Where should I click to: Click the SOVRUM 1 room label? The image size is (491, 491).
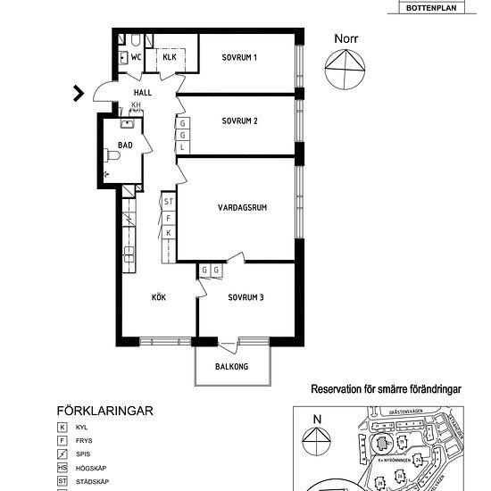tap(239, 58)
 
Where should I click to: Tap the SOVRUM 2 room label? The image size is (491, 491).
tap(239, 120)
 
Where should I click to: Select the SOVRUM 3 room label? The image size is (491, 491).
tap(245, 297)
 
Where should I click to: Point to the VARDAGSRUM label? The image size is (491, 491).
tap(242, 207)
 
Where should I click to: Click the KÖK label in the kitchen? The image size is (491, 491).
tap(159, 297)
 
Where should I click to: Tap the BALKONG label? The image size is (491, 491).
tap(231, 367)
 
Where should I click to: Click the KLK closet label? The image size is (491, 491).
tap(170, 58)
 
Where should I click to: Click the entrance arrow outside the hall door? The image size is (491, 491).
tap(79, 91)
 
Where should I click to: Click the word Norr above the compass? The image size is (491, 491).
tap(345, 38)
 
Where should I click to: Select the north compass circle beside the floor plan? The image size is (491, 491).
tap(345, 70)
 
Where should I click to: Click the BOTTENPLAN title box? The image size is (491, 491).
tap(437, 8)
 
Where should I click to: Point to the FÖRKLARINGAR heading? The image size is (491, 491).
tap(105, 411)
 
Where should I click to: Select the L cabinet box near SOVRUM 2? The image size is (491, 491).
tap(182, 146)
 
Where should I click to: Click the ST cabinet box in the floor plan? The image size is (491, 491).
tap(168, 203)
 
